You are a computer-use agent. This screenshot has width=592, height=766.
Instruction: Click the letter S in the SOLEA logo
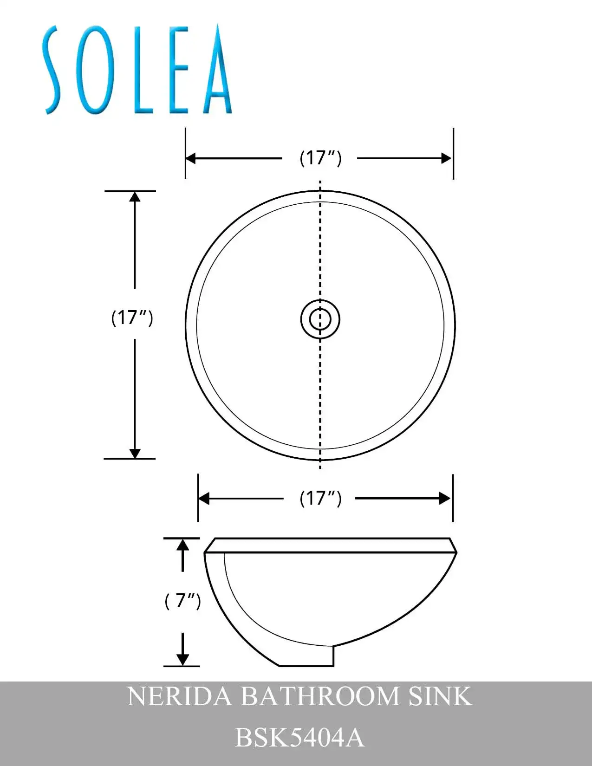click(52, 70)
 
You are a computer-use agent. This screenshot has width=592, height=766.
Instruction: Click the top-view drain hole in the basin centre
click(320, 319)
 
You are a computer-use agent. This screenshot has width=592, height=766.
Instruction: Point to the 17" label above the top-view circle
click(320, 158)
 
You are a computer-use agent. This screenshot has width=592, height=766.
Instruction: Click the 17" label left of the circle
click(132, 318)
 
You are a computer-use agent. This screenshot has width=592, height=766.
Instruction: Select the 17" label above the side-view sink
click(320, 499)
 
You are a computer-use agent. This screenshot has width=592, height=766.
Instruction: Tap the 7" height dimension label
click(182, 601)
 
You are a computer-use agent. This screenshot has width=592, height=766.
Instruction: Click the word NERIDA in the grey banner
click(179, 696)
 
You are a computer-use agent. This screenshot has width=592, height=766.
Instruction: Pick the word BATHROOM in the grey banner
click(319, 696)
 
